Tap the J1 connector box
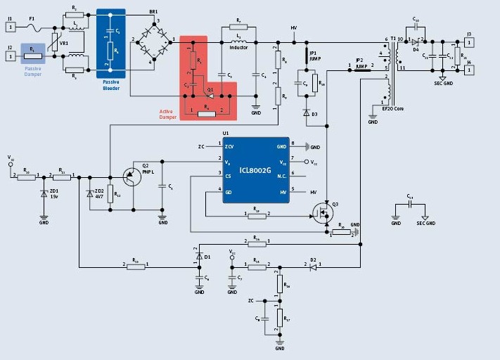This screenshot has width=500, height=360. [x=10, y=27]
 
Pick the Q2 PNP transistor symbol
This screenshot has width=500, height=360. [x=131, y=176]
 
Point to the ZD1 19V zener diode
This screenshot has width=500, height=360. [x=44, y=194]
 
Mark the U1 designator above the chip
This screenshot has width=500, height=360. [x=226, y=132]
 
